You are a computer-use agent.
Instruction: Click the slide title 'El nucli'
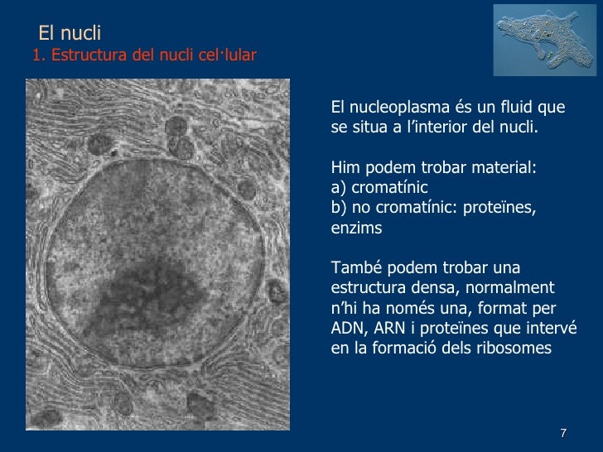(70, 34)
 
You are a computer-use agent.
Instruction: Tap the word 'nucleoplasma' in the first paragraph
(392, 108)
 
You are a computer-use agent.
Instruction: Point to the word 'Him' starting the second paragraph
(344, 168)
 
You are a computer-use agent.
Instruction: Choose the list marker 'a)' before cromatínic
(339, 188)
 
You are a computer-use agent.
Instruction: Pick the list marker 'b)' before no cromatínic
(340, 208)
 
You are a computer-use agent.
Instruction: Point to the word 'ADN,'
(348, 329)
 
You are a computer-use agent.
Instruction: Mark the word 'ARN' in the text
(389, 329)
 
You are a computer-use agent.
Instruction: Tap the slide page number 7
(563, 434)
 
